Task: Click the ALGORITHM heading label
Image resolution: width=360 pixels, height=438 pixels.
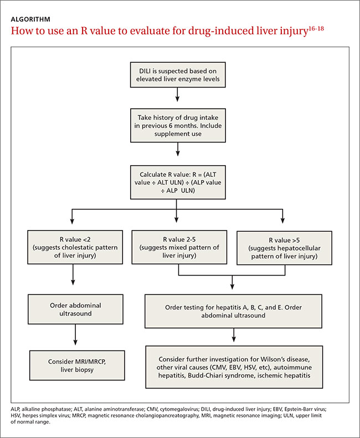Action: coord(30,19)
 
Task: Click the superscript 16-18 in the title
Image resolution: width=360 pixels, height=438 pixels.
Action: coord(316,28)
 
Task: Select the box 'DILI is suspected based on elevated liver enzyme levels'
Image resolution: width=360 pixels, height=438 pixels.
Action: coord(178,75)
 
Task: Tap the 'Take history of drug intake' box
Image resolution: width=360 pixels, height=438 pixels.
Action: coord(178,125)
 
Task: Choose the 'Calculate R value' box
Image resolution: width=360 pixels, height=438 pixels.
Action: coord(178,182)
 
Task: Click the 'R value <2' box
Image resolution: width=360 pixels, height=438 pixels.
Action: coord(75,247)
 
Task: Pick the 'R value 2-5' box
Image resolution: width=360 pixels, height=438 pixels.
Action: coord(179,247)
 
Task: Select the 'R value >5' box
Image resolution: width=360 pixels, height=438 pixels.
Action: coord(284,248)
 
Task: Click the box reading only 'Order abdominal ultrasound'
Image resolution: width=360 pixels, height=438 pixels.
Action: coord(75,309)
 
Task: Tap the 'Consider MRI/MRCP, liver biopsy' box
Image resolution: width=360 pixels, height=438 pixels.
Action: coord(77,365)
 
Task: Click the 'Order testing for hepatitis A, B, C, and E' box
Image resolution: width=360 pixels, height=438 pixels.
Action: coord(233,311)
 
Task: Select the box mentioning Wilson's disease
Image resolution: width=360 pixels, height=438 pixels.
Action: coord(234,367)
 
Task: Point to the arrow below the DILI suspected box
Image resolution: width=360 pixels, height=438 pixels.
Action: coord(177,94)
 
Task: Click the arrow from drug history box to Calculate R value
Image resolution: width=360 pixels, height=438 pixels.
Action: coord(178,149)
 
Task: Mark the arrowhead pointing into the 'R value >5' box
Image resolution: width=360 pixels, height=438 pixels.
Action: coord(282,221)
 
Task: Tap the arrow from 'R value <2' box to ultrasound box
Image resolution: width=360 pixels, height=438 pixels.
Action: coord(73,274)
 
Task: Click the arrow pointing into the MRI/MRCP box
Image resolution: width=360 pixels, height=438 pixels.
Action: coord(75,335)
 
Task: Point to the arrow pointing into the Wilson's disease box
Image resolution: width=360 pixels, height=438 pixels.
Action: coord(234,335)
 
